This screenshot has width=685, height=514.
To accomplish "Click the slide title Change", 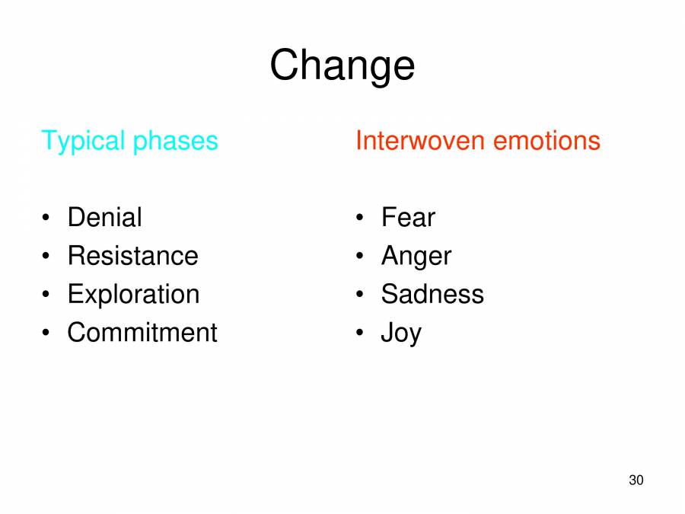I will pyautogui.click(x=342, y=65).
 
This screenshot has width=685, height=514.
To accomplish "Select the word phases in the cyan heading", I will pyautogui.click(x=175, y=142).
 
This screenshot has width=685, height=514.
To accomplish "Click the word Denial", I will pyautogui.click(x=104, y=218).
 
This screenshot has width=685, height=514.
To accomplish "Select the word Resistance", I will pyautogui.click(x=132, y=256).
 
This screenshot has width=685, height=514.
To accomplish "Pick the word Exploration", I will pyautogui.click(x=133, y=295).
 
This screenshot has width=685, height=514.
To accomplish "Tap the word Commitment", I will pyautogui.click(x=142, y=333).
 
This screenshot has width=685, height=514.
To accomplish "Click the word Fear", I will pyautogui.click(x=408, y=218).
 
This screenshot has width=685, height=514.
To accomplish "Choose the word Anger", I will pyautogui.click(x=416, y=257).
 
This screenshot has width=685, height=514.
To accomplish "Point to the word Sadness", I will pyautogui.click(x=432, y=295).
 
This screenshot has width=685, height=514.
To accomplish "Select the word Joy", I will pyautogui.click(x=400, y=334).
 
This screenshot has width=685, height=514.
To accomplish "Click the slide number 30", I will pyautogui.click(x=636, y=480).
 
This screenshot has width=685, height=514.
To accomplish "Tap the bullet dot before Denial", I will pyautogui.click(x=47, y=219).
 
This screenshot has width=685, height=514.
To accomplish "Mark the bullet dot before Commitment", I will pyautogui.click(x=47, y=334).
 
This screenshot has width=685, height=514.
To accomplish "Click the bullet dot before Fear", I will pyautogui.click(x=361, y=219).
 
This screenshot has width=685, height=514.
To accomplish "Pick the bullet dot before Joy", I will pyautogui.click(x=361, y=334).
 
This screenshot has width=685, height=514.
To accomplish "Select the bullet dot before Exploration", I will pyautogui.click(x=47, y=295).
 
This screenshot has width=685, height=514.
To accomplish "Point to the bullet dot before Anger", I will pyautogui.click(x=361, y=257).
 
